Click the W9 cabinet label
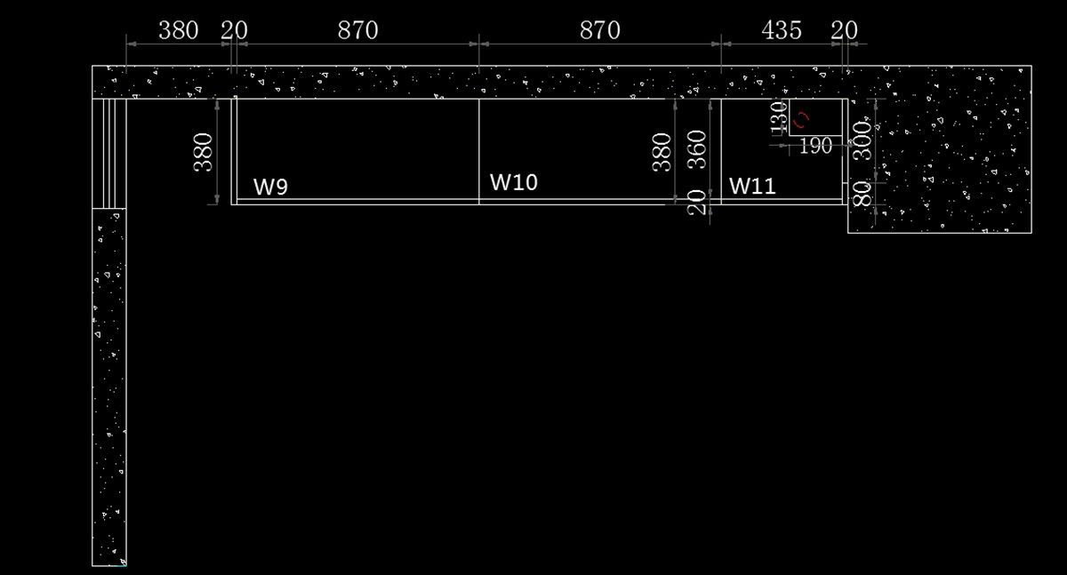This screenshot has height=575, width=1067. tap(270, 188)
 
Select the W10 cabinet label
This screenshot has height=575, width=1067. tap(514, 182)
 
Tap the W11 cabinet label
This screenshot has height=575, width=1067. tap(752, 187)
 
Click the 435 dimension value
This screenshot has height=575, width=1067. tap(782, 30)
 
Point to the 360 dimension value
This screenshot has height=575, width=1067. tap(698, 148)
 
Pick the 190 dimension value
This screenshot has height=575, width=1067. tap(815, 146)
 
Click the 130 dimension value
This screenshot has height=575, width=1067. tap(778, 116)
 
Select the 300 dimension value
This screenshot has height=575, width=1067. tap(862, 140)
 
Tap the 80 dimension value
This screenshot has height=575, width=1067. tap(862, 193)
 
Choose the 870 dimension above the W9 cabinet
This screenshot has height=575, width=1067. tap(357, 30)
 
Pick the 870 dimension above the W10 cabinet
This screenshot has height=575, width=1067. tap(599, 30)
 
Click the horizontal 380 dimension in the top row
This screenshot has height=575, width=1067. tap(179, 30)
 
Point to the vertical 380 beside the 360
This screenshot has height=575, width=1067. tap(662, 152)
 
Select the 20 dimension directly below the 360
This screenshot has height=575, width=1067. tap(698, 203)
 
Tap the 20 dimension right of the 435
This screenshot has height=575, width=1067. tap(845, 30)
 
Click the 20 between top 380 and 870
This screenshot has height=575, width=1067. tap(234, 30)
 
